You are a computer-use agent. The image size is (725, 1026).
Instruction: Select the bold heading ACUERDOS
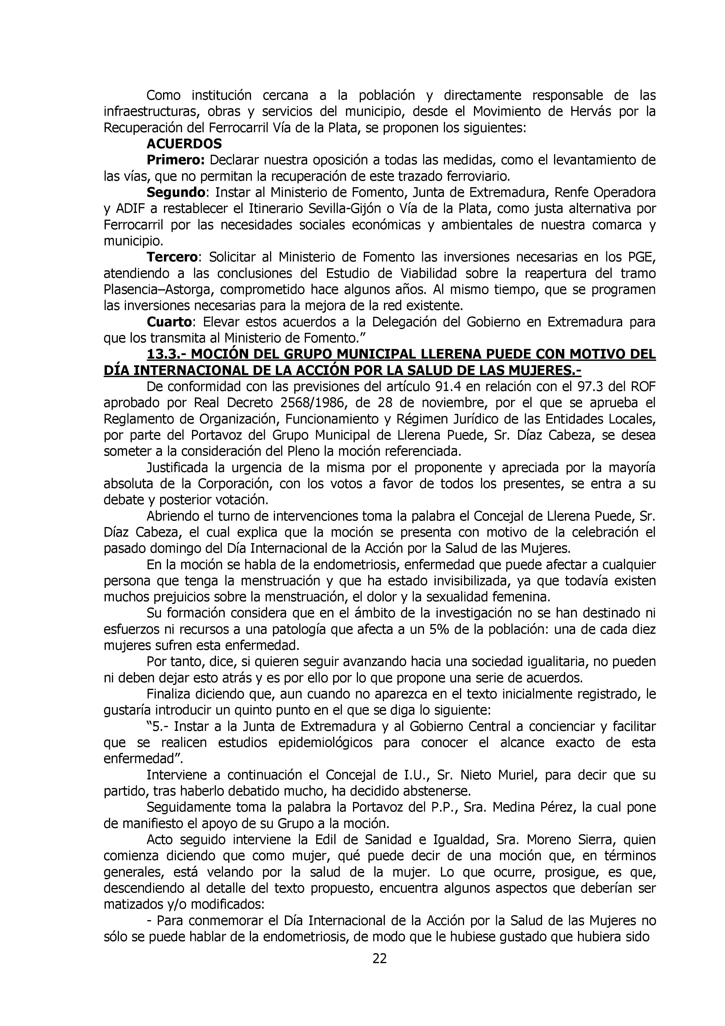pos(184,144)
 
